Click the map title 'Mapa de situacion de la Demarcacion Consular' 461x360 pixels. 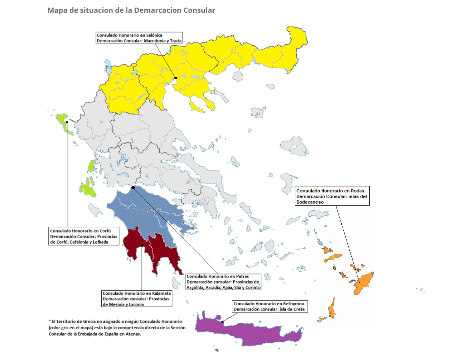131,10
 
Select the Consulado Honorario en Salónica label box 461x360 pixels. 139,38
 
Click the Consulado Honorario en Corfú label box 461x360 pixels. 84,236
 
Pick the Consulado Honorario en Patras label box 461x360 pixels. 223,282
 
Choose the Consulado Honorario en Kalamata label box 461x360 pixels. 137,298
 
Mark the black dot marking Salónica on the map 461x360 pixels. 176,78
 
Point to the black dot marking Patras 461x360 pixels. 133,187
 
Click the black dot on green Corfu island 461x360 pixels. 67,122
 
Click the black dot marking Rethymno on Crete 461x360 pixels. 221,321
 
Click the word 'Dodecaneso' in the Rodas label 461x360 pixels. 310,202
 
